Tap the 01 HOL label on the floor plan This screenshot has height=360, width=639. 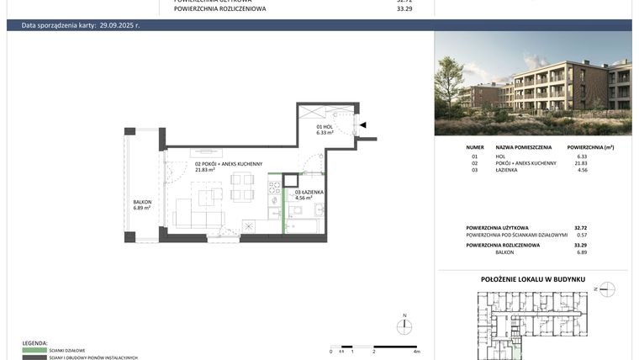pos(325,126)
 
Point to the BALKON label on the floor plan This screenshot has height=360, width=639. pos(141,202)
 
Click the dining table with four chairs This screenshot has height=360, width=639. pos(242,187)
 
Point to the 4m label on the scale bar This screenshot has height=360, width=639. pos(416,352)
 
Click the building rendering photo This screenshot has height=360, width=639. pos(532,83)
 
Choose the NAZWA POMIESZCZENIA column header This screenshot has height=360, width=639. pos(523,146)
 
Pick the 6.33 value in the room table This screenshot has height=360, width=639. pos(582,156)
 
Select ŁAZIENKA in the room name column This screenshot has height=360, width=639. pos(507,171)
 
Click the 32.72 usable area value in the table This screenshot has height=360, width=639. pos(580,228)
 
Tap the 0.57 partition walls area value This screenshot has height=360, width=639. pos(582,235)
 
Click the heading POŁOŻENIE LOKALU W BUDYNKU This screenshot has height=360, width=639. pos(532,279)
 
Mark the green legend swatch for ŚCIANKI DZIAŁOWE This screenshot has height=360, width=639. pos(34,350)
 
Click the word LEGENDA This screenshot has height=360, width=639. pos(34,343)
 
